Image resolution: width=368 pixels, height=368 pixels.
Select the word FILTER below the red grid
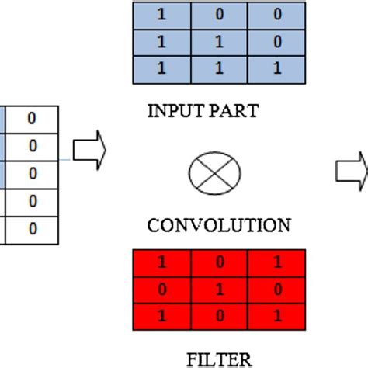[219, 359]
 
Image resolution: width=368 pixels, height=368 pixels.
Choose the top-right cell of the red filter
[277, 262]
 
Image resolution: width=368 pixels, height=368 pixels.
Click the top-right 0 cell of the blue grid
[276, 14]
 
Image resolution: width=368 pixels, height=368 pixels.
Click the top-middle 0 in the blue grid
[218, 14]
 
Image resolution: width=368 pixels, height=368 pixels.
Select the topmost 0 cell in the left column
[32, 120]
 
